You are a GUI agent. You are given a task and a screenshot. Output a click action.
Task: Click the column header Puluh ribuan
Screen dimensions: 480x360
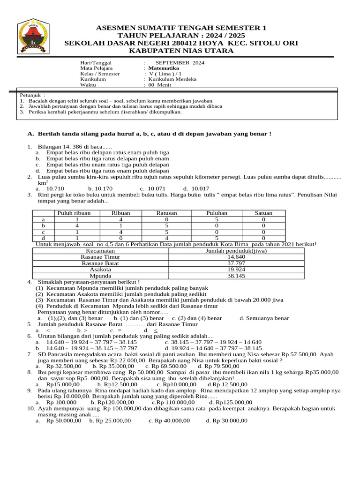74,213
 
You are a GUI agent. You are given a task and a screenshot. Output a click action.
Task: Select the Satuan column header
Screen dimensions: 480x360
263,213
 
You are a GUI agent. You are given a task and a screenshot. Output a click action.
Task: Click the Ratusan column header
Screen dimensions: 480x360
167,213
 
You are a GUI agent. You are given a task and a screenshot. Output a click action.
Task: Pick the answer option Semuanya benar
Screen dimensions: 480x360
264,318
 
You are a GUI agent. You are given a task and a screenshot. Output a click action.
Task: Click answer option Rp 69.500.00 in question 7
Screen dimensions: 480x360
166,366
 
